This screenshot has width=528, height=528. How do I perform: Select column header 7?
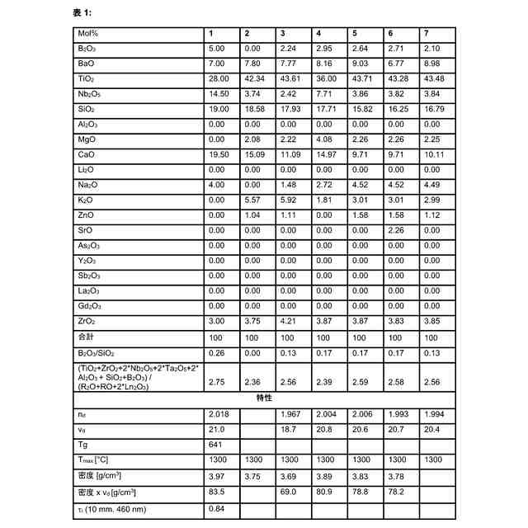pyautogui.click(x=427, y=33)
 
